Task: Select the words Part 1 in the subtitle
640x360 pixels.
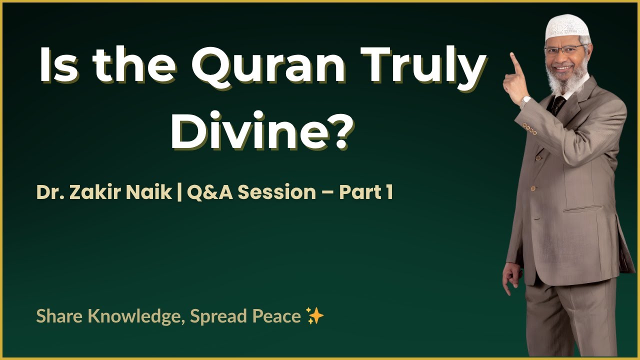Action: coord(365,192)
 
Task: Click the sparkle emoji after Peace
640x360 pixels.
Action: coord(315,316)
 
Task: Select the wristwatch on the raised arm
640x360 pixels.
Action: coord(524,101)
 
